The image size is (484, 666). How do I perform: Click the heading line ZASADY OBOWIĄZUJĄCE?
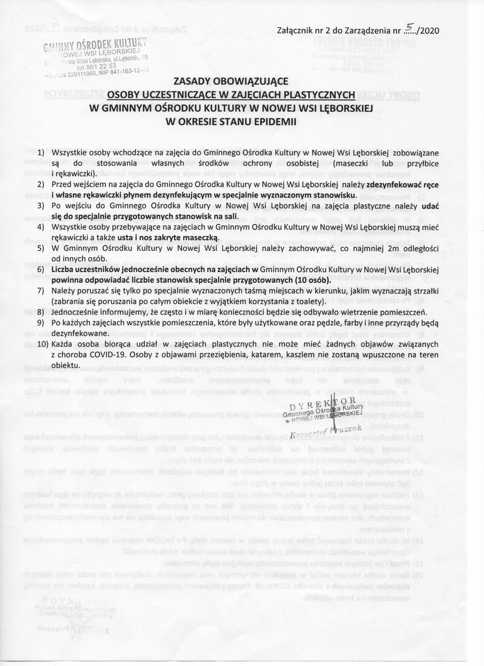(x=231, y=81)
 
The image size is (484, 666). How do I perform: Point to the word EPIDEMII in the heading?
(x=275, y=122)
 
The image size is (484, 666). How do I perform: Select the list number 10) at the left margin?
(x=43, y=344)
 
